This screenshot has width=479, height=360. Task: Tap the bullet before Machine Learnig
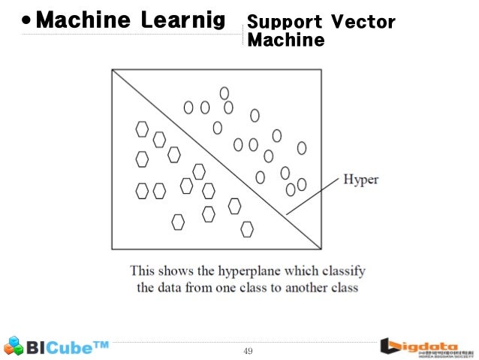click(x=26, y=21)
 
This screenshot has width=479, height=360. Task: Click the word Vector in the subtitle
click(x=366, y=22)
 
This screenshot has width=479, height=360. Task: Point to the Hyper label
click(x=361, y=180)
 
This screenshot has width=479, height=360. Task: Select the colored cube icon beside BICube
click(x=14, y=346)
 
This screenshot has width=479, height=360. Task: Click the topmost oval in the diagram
click(x=224, y=92)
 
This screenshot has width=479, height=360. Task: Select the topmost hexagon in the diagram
click(x=141, y=129)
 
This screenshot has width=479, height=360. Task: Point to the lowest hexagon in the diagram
click(x=247, y=228)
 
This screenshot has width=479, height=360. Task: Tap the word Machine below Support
click(x=285, y=39)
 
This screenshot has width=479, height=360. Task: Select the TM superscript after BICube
click(x=101, y=345)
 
